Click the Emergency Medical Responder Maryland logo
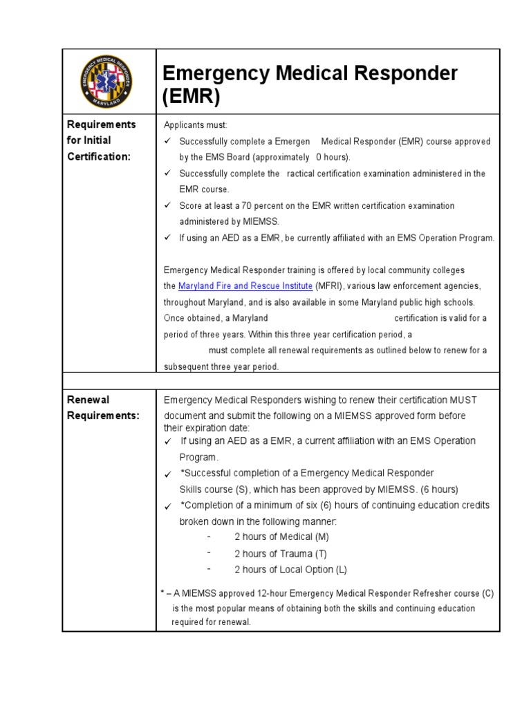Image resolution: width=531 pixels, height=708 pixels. (x=109, y=81)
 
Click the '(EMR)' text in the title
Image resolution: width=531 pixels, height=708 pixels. (x=190, y=98)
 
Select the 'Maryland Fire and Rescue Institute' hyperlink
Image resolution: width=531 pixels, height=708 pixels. (x=245, y=286)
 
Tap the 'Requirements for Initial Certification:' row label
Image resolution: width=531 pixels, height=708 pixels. (x=101, y=140)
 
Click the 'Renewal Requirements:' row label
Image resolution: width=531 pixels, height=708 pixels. (x=102, y=407)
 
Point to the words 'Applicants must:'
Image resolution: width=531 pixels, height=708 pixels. (x=195, y=125)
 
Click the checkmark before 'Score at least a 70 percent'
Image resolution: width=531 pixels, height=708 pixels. (x=167, y=206)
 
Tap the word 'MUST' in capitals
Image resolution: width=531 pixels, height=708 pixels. (x=463, y=400)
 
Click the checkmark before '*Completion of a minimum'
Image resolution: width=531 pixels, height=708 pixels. (x=167, y=507)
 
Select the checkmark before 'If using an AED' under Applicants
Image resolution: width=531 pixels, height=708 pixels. (x=167, y=238)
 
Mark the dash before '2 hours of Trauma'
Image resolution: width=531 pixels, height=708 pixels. (x=208, y=553)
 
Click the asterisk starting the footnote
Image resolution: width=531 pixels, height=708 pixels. (x=162, y=593)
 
